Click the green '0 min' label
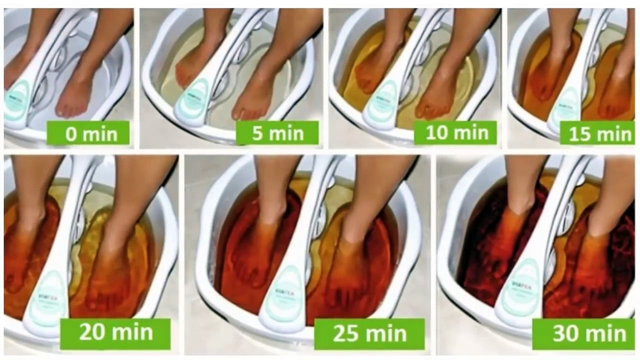click(90, 133)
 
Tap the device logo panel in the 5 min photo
click(192, 100)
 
